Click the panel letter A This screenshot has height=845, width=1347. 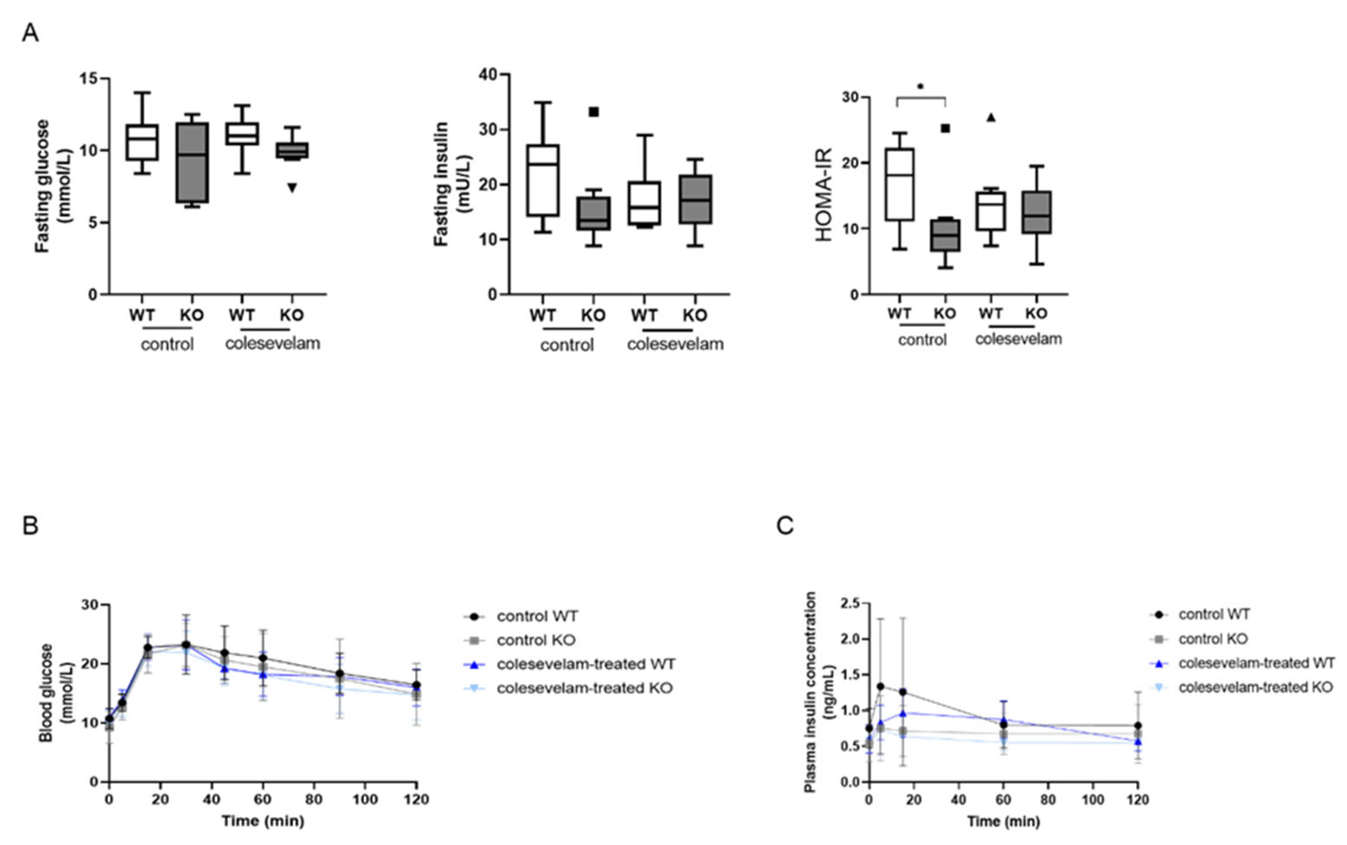(x=30, y=33)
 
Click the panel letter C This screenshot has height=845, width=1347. (x=785, y=525)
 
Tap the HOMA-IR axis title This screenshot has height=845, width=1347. (x=824, y=194)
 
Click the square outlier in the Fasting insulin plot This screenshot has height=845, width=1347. (x=593, y=112)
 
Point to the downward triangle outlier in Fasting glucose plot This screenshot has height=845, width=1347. (x=292, y=187)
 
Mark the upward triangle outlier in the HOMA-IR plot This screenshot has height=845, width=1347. (x=991, y=117)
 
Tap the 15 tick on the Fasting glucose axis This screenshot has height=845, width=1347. (x=89, y=79)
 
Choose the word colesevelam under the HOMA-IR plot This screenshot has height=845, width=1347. (x=1018, y=339)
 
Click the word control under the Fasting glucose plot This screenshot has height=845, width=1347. (x=167, y=344)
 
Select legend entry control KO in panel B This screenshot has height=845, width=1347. (x=535, y=640)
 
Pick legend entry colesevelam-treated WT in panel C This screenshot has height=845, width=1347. (x=1256, y=663)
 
